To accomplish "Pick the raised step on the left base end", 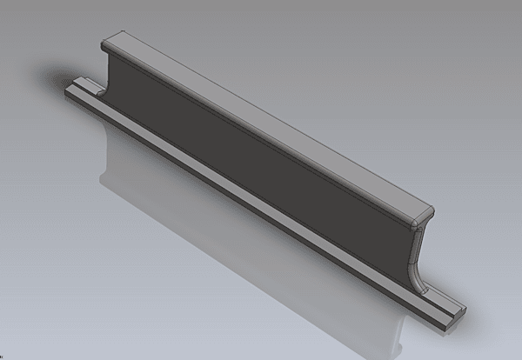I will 87,83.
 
